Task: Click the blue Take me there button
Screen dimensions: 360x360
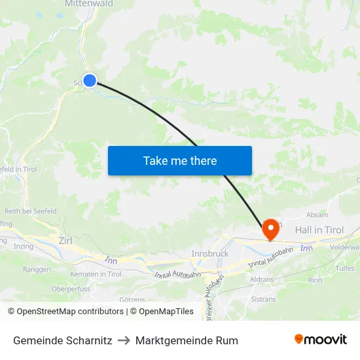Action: [180, 160]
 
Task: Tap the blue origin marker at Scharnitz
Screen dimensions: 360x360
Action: [90, 81]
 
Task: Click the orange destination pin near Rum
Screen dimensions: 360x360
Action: [270, 229]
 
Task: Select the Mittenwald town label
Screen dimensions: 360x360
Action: [89, 4]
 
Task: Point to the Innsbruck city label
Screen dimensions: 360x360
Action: [209, 253]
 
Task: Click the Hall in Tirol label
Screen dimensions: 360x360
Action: [319, 230]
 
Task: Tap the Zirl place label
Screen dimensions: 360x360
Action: [65, 241]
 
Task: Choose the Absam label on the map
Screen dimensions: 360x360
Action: [318, 215]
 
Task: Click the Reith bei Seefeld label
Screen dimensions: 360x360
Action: [31, 211]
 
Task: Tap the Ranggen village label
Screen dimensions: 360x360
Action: [37, 269]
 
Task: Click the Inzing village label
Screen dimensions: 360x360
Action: [23, 247]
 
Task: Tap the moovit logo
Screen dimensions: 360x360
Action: [320, 340]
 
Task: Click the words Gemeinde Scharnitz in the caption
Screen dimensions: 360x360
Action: [62, 340]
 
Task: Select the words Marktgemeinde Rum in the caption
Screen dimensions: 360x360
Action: [187, 340]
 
